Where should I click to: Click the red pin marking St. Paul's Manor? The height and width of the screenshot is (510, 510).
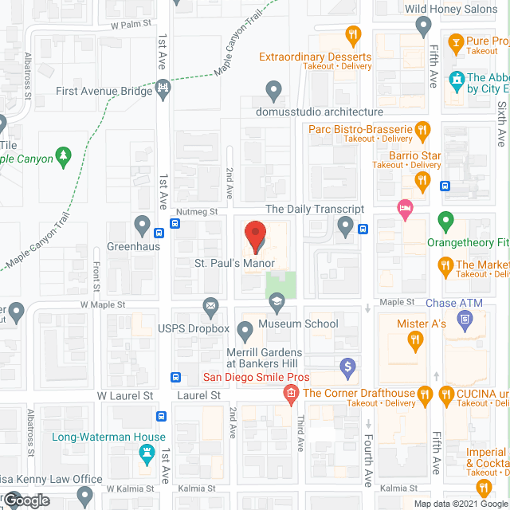point(256,236)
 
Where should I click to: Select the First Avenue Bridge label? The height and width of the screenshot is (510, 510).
point(104,91)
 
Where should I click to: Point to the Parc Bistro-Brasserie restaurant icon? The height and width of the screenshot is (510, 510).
point(423,129)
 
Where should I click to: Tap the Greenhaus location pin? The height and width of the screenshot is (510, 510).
point(143,226)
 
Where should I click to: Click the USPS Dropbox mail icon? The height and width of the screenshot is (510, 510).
point(211,306)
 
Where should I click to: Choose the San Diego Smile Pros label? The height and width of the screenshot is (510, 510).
point(256,377)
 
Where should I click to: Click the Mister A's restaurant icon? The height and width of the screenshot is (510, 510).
point(414,343)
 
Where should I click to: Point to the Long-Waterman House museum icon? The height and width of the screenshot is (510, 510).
point(146,455)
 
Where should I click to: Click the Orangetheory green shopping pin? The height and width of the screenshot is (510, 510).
point(445,219)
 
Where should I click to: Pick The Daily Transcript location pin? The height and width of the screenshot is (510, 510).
point(345,227)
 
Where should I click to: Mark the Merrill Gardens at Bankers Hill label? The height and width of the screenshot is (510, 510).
point(263,359)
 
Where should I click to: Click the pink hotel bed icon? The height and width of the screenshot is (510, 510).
point(405,209)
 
